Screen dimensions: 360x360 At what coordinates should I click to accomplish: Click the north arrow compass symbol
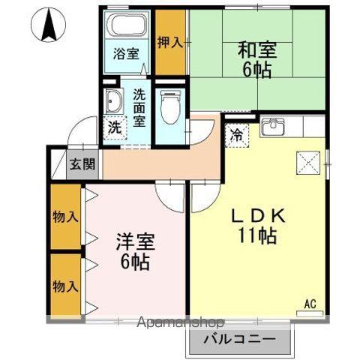(x=48, y=25)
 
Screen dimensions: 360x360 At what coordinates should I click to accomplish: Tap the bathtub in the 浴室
(x=127, y=25)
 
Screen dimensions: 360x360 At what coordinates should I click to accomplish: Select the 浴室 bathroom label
(x=126, y=53)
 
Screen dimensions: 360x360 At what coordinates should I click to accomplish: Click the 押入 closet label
(x=170, y=42)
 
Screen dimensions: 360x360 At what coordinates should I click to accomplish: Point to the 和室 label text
(x=257, y=50)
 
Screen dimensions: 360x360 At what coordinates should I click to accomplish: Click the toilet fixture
(x=170, y=106)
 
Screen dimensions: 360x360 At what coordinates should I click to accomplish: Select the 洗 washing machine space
(x=115, y=127)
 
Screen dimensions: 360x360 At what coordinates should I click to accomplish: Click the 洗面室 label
(x=139, y=108)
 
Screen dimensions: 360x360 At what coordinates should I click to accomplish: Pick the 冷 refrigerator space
(x=237, y=135)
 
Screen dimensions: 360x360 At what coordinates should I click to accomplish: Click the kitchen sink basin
(x=272, y=126)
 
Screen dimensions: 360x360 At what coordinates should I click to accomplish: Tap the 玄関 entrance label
(x=82, y=164)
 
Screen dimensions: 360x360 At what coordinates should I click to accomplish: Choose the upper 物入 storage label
(x=65, y=217)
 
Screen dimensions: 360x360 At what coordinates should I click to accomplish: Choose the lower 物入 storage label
(x=65, y=286)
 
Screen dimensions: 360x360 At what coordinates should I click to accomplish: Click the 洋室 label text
(x=136, y=241)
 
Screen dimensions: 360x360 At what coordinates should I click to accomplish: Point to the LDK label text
(x=259, y=216)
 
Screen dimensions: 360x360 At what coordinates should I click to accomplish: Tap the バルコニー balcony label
(x=239, y=339)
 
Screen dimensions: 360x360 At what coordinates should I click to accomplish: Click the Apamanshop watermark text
(x=180, y=322)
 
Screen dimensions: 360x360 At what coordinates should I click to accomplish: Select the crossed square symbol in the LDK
(x=308, y=163)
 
